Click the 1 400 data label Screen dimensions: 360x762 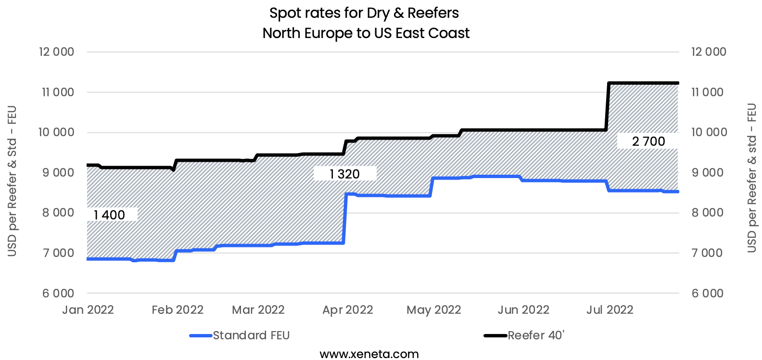tap(109, 215)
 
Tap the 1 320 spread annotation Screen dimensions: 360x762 tap(344, 174)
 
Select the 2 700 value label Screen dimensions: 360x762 tap(648, 141)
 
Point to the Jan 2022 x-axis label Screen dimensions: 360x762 tap(88, 310)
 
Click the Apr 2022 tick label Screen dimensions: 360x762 tap(347, 310)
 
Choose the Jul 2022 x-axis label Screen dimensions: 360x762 tap(610, 310)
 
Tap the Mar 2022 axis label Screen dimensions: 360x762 tap(258, 310)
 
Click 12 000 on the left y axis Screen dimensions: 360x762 tap(56, 52)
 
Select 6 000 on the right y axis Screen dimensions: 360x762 tap(707, 293)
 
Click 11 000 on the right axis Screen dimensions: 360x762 tap(707, 92)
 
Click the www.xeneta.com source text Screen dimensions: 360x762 tap(369, 354)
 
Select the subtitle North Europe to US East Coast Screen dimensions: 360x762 tap(366, 33)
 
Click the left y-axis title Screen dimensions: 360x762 tap(12, 180)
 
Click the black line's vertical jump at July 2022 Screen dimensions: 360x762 tap(608, 107)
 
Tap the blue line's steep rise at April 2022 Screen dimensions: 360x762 tap(345, 219)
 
